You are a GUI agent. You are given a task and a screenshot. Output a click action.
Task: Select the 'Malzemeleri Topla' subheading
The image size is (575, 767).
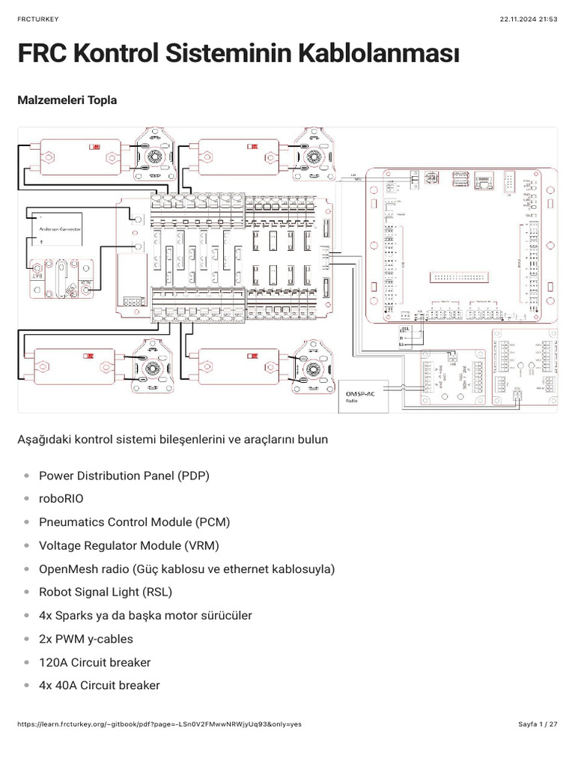(67, 100)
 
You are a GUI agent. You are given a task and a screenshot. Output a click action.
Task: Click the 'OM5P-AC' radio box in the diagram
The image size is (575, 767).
(365, 395)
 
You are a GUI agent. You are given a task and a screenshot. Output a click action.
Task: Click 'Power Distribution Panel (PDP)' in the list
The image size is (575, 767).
(124, 476)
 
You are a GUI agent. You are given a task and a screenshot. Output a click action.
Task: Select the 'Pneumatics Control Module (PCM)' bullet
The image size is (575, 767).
(134, 523)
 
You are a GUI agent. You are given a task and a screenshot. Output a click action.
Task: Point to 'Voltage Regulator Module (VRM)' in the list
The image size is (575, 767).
(129, 546)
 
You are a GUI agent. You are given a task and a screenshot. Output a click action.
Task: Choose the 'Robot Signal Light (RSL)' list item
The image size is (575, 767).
(106, 592)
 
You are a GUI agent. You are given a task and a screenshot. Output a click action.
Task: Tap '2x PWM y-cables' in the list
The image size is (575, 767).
(85, 639)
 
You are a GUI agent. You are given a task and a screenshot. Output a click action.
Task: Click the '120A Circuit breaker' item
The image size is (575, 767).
(94, 662)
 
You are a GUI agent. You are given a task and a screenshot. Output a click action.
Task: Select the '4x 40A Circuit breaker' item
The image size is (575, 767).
(99, 685)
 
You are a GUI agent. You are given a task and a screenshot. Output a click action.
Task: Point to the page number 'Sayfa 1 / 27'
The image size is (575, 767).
(538, 725)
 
